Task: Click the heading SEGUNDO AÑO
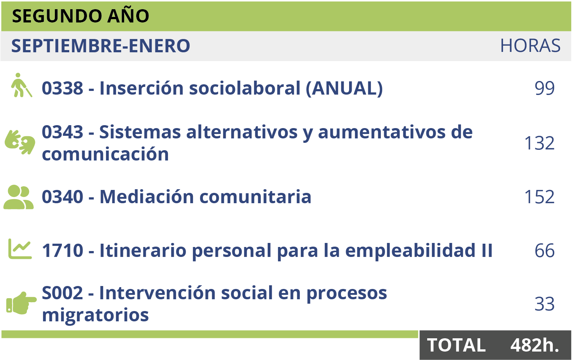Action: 80,15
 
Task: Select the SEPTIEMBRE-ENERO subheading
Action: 101,46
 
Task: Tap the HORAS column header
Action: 530,46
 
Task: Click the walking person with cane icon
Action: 21,85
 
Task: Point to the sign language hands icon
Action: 20,142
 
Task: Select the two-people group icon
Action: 18,197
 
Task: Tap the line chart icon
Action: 20,249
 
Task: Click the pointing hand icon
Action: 21,303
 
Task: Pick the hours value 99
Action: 545,88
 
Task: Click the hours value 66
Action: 545,251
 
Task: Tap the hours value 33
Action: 545,304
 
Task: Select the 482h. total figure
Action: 535,345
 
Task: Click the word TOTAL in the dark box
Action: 456,345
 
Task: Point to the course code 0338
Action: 62,88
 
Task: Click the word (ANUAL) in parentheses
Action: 344,88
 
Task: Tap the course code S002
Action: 62,293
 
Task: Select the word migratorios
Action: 95,315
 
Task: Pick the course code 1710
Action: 62,251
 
